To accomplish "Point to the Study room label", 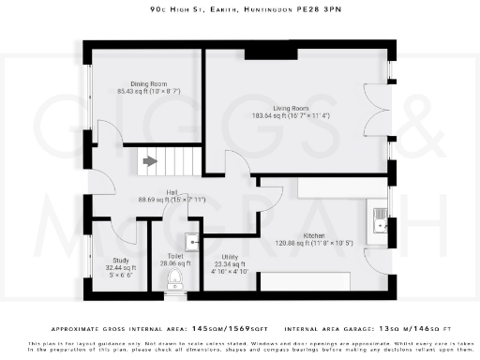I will (x=119, y=260).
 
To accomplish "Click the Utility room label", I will (x=230, y=256).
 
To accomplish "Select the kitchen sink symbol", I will (x=381, y=219).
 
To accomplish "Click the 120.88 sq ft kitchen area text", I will (x=292, y=244).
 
